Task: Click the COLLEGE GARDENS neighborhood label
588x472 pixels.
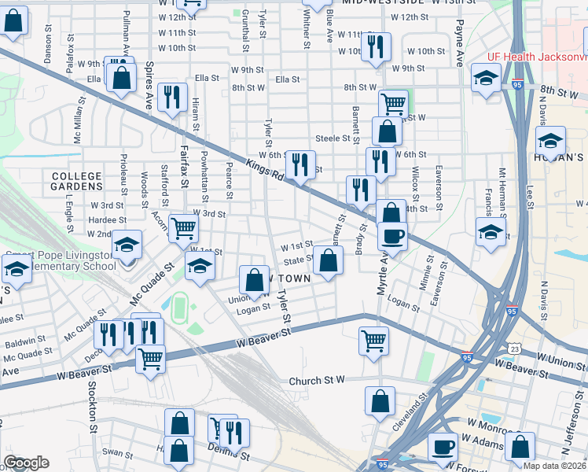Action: pyautogui.click(x=78, y=181)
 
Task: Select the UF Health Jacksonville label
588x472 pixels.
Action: pyautogui.click(x=537, y=57)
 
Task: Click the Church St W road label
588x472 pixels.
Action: pyautogui.click(x=317, y=381)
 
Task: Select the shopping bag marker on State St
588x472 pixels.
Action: pyautogui.click(x=328, y=260)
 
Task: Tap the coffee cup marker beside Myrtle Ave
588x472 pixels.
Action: pyautogui.click(x=392, y=235)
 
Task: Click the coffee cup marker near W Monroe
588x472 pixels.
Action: pyautogui.click(x=443, y=446)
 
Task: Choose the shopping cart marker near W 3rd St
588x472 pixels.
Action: pyautogui.click(x=183, y=228)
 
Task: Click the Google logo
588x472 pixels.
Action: pyautogui.click(x=26, y=463)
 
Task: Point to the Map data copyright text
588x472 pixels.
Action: pyautogui.click(x=555, y=466)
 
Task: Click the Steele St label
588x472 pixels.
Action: pyautogui.click(x=332, y=138)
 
